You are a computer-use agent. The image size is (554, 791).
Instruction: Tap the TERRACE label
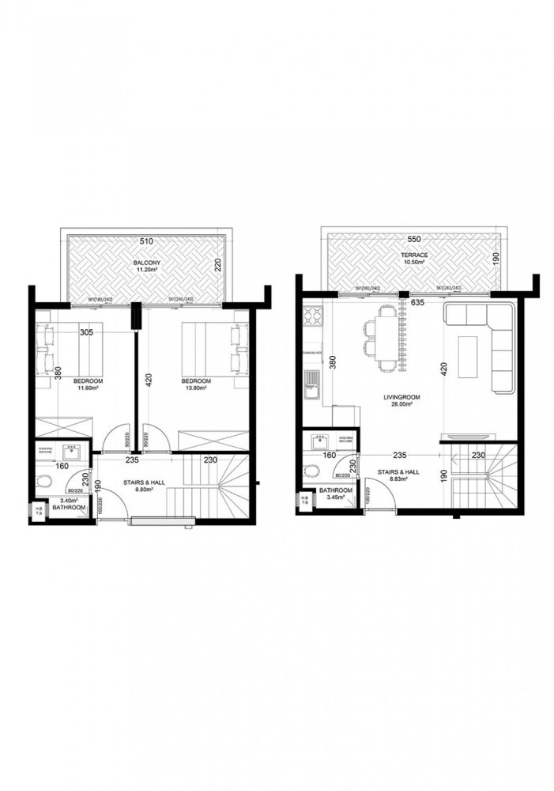pos(413,255)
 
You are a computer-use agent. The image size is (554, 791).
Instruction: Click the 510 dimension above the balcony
pos(145,240)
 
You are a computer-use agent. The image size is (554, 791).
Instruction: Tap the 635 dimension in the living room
pos(418,302)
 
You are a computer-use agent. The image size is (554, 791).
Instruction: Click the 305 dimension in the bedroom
pos(87,332)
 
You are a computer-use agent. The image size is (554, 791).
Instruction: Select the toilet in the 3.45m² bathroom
pos(315,471)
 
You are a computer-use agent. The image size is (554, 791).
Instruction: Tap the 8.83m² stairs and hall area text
pos(398,480)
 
